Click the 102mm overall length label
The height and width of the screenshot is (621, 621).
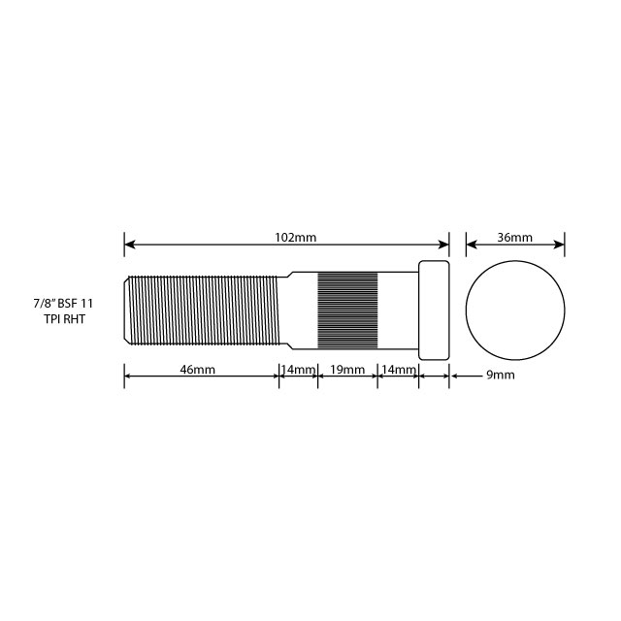click(x=296, y=237)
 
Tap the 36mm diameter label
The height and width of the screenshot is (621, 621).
click(x=514, y=237)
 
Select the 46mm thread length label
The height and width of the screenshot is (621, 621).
click(x=198, y=371)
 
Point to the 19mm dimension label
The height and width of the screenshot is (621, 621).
click(x=347, y=371)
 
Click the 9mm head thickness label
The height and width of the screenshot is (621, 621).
click(x=500, y=375)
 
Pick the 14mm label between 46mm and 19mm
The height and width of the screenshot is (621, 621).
click(x=299, y=371)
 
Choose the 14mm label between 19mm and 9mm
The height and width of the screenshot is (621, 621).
click(x=399, y=371)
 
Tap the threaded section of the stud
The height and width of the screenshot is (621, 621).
click(x=204, y=309)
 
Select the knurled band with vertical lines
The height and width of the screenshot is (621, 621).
click(x=347, y=310)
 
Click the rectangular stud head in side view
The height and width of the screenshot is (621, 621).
click(x=434, y=310)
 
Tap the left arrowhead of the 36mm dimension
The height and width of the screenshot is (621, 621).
click(x=471, y=244)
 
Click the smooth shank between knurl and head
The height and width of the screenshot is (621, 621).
click(x=397, y=310)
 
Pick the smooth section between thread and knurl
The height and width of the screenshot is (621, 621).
click(x=299, y=310)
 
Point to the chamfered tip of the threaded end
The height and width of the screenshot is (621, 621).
click(x=128, y=309)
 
